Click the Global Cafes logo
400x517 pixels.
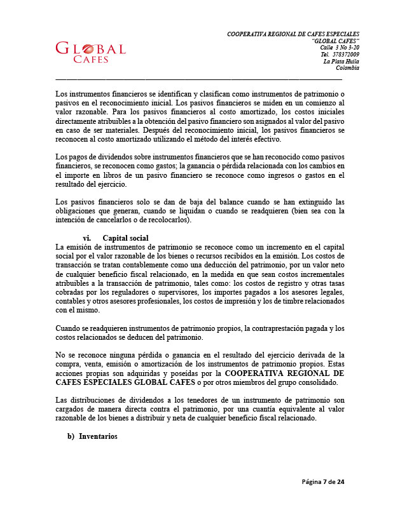click(90, 53)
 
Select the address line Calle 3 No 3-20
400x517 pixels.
click(339, 48)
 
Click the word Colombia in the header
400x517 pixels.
click(348, 68)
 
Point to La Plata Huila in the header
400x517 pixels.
click(341, 62)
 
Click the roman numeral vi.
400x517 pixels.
click(87, 238)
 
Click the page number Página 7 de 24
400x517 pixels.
click(323, 482)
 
